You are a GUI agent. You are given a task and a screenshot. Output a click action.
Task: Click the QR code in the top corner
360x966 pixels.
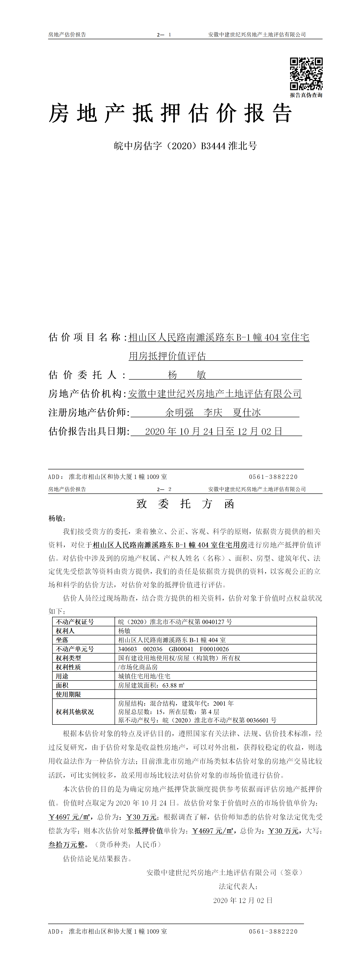coord(306,73)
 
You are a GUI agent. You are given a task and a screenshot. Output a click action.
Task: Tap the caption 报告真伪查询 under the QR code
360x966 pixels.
coord(306,95)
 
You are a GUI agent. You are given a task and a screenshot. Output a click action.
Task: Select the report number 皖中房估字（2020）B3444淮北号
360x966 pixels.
coord(185,146)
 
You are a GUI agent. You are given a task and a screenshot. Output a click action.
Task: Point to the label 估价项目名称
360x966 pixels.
coord(85,337)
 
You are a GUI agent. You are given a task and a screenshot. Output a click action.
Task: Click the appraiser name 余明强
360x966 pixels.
coord(179,412)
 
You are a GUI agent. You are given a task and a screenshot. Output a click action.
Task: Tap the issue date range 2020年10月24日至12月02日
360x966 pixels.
coord(213,431)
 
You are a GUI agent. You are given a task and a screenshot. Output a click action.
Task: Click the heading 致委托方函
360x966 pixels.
coord(185,504)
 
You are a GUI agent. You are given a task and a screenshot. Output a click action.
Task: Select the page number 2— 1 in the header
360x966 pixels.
coord(164,34)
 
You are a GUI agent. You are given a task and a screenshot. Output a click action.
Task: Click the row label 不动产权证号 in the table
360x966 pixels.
coord(75,622)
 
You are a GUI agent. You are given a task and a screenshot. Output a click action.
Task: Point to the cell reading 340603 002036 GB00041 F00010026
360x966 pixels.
coord(173,649)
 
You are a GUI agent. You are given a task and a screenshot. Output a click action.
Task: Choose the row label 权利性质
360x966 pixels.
coord(68,667)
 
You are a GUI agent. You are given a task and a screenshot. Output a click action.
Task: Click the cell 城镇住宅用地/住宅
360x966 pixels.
coord(144,676)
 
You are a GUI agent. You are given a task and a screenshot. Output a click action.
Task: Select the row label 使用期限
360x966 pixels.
coord(68,694)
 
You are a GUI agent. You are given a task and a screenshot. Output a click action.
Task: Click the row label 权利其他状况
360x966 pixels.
coord(75,712)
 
